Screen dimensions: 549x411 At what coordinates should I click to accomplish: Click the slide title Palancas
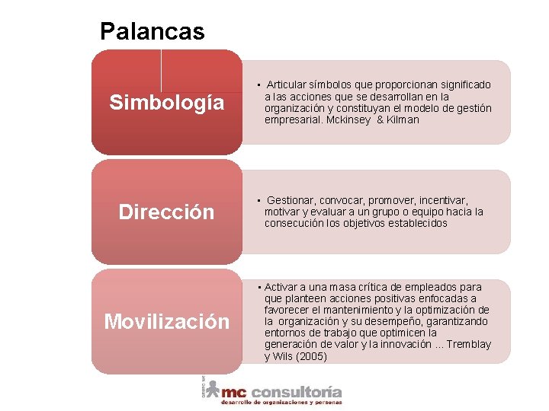tap(152, 31)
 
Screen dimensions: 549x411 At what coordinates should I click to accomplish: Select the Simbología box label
tap(167, 102)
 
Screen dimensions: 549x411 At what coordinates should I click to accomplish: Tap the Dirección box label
tap(167, 212)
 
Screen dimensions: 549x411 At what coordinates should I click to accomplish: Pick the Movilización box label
tap(167, 321)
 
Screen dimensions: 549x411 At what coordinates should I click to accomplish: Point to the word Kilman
tap(403, 119)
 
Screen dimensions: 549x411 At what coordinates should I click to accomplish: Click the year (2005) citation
tap(311, 356)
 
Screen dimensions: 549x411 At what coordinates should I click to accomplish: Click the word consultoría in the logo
tap(296, 393)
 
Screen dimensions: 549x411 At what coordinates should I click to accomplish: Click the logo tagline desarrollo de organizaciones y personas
tap(281, 403)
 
